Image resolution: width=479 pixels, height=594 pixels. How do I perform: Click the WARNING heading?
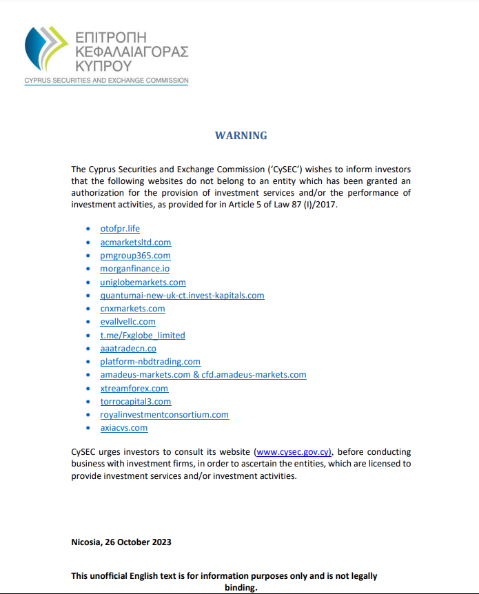click(241, 135)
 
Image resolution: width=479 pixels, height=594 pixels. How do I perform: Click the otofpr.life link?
click(120, 229)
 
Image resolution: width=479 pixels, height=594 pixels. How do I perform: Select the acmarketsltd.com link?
click(136, 242)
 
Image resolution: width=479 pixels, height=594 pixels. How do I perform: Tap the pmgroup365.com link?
click(135, 256)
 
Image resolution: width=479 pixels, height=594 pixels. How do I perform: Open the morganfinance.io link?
click(134, 269)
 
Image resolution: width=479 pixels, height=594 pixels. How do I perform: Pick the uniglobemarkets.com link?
click(143, 282)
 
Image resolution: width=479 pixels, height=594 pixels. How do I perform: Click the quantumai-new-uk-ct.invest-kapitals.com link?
click(182, 295)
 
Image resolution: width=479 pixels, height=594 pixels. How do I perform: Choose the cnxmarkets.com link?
click(132, 308)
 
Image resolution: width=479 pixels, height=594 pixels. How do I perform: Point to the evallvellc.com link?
click(128, 322)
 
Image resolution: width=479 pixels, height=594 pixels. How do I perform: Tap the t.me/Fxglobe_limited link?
click(143, 335)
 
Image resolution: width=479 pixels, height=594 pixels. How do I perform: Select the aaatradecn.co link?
click(128, 349)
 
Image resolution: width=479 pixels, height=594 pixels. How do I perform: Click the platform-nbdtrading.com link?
click(150, 362)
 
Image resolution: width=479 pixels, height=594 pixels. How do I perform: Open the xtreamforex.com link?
click(134, 389)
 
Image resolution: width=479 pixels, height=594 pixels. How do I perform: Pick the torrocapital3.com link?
click(136, 402)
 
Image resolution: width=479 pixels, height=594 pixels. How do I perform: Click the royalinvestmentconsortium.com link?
click(164, 415)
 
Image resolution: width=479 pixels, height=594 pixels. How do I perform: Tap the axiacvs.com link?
click(124, 428)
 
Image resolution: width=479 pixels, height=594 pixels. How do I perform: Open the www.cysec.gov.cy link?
click(294, 452)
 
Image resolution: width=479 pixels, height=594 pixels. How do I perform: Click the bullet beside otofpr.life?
click(88, 229)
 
